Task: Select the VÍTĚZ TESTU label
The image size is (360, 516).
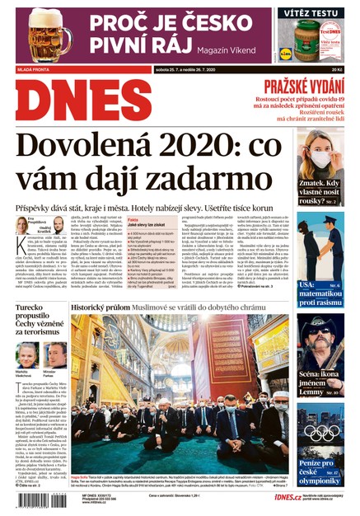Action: click(x=311, y=13)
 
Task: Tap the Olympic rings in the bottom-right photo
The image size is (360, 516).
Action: click(x=327, y=433)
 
